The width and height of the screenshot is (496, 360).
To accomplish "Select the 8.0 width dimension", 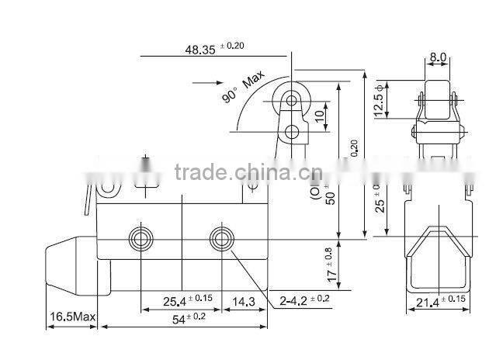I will pos(438,57).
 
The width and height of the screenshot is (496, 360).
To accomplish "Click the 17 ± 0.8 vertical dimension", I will pos(331,264).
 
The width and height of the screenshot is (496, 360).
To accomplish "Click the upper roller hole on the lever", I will pos(292,102).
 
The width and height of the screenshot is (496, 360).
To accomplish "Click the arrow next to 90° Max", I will pos(203,82).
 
